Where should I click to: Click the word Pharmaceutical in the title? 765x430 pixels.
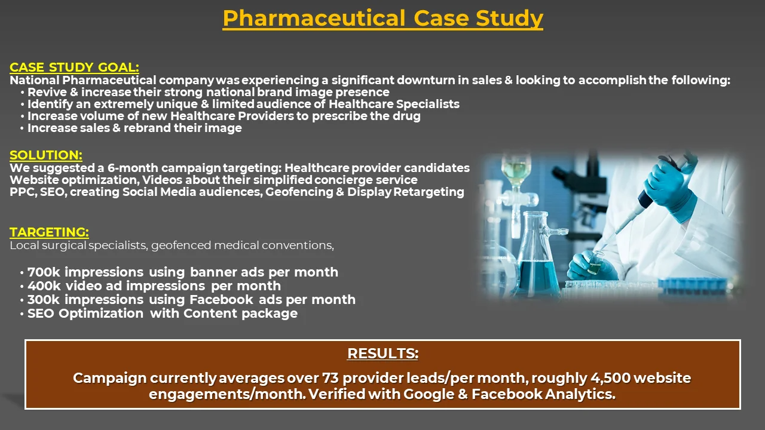[x=314, y=19]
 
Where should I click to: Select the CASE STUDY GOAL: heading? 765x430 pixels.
[x=75, y=67]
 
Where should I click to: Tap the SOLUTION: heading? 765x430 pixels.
[x=46, y=155]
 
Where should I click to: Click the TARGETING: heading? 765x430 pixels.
[x=49, y=232]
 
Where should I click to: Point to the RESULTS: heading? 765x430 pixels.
[x=383, y=354]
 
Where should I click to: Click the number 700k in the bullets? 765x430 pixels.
[x=44, y=272]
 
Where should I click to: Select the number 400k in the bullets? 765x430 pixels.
[x=44, y=286]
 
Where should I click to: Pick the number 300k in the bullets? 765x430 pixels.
[x=44, y=300]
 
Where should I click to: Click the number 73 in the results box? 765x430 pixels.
[x=331, y=378]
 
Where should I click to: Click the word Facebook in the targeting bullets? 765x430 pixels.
[x=222, y=300]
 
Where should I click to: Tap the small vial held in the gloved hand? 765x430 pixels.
[x=595, y=263]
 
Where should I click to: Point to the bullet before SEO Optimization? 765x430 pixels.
[x=22, y=314]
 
